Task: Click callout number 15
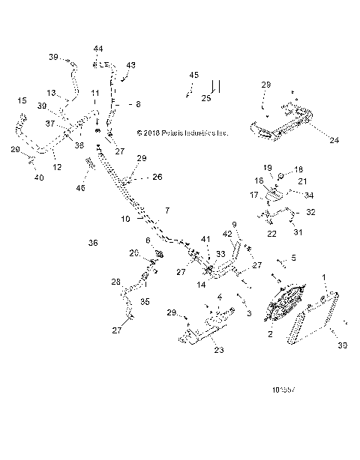pyautogui.click(x=22, y=100)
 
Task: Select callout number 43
pyautogui.click(x=131, y=65)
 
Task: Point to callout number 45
pyautogui.click(x=194, y=76)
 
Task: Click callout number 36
pyautogui.click(x=93, y=243)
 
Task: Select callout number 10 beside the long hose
pyautogui.click(x=126, y=220)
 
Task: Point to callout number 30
pyautogui.click(x=343, y=345)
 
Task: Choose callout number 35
pyautogui.click(x=144, y=303)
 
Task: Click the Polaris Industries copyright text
pyautogui.click(x=182, y=133)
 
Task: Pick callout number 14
pyautogui.click(x=201, y=285)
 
